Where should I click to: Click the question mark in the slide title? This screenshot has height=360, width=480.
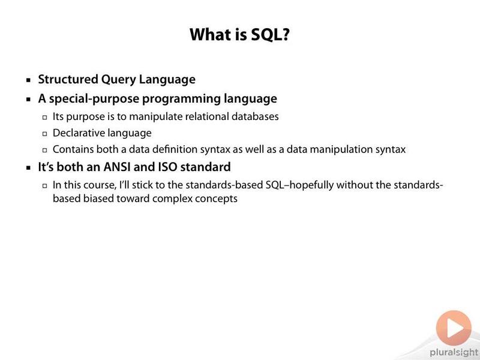(284, 34)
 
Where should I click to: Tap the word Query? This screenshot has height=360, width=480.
(118, 80)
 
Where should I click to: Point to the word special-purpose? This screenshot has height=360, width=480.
(94, 99)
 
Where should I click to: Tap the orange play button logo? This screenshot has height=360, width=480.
(454, 328)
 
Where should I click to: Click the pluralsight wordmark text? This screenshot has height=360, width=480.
(454, 352)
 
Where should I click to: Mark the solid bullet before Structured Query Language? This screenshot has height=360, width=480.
(28, 80)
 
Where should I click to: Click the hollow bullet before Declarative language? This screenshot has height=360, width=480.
(45, 134)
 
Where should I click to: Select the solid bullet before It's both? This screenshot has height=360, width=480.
(28, 168)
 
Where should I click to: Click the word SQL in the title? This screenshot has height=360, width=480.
(265, 34)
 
